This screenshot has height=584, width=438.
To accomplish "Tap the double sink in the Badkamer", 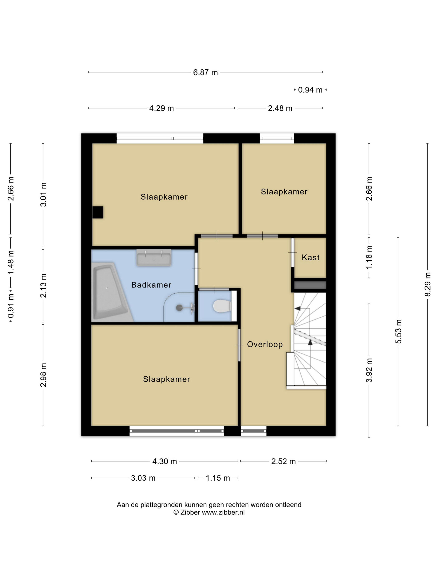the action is [154, 257].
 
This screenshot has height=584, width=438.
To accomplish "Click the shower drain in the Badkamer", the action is [179, 307].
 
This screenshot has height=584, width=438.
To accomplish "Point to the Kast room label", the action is [311, 257].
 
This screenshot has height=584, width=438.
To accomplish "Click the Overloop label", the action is [265, 344].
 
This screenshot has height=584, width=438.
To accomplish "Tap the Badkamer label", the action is [151, 285].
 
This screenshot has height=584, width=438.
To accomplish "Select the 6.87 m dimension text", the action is [205, 72].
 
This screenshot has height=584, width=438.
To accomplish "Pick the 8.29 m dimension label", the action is [427, 284].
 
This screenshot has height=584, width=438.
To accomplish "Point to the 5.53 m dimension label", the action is [398, 331].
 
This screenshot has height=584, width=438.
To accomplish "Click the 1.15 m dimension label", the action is [218, 478].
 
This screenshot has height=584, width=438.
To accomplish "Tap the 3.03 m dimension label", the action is [143, 478].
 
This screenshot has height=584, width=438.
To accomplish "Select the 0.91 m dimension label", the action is [11, 306].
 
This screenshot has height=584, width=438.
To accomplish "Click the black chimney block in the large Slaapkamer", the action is [98, 212].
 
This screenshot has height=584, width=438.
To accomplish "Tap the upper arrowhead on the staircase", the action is [298, 308].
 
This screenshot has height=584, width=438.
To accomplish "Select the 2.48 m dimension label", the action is [280, 108].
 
